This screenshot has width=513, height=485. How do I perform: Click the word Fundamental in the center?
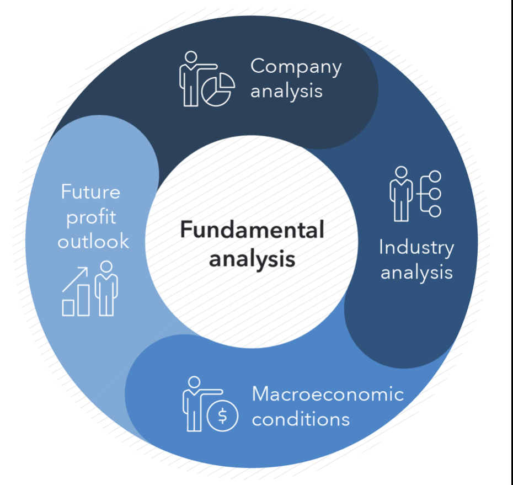tap(252, 231)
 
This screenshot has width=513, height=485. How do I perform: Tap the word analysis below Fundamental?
tap(252, 258)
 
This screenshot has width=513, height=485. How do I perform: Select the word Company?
tap(296, 67)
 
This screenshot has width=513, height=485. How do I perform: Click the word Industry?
tap(416, 248)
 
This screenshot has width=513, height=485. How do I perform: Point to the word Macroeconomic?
tap(328, 394)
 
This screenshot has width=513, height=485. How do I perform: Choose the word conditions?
tap(301, 419)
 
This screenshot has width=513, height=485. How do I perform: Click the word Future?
tap(90, 192)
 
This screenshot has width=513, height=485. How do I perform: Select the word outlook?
tap(93, 241)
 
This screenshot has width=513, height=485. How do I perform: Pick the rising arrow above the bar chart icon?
tap(75, 279)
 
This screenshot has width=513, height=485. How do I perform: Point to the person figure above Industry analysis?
tap(401, 193)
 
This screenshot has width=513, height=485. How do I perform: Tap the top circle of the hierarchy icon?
tap(435, 177)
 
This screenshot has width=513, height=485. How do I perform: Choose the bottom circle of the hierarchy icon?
tap(435, 211)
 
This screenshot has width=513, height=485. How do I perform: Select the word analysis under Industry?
tap(416, 273)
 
